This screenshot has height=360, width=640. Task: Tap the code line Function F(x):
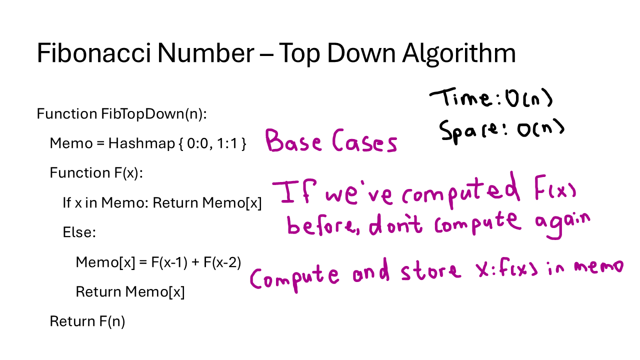pos(96,173)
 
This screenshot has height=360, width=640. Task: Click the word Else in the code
pos(78,232)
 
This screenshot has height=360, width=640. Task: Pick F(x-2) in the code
pos(222,262)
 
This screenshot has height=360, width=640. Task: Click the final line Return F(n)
pos(87,321)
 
